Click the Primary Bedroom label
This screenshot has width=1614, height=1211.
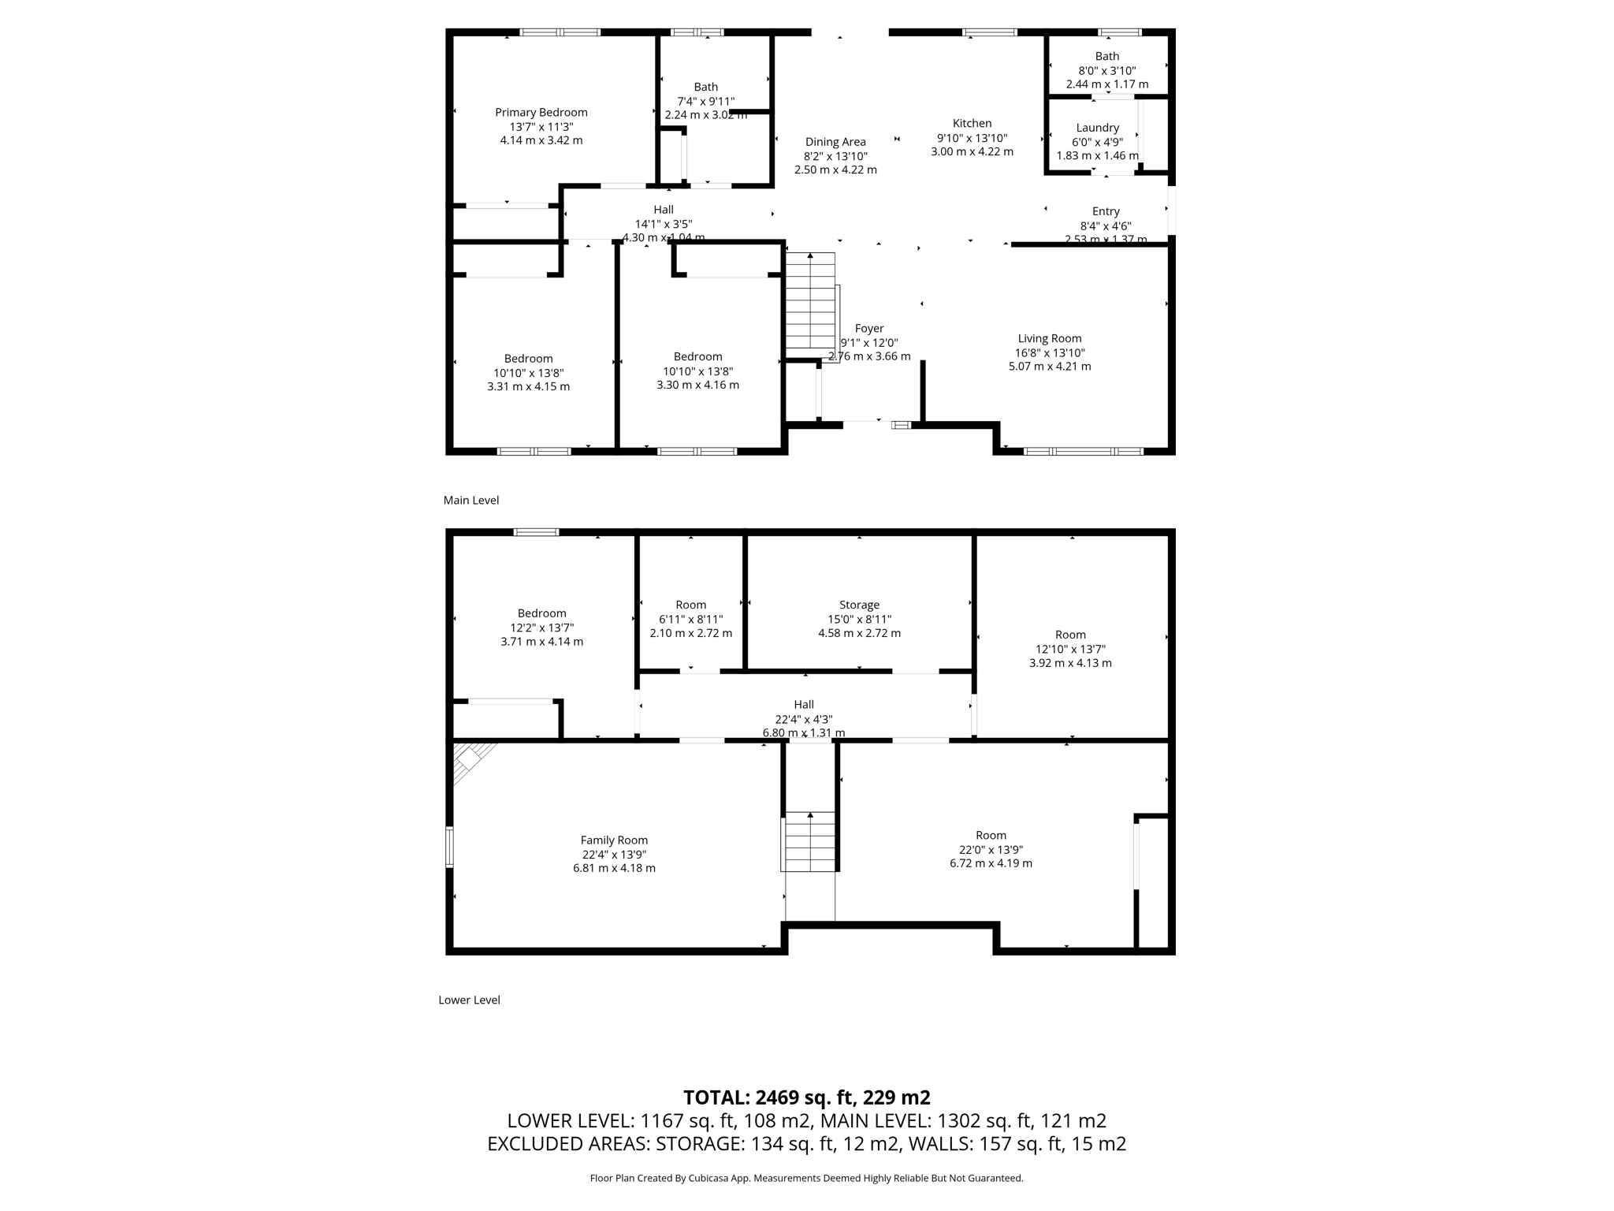pos(541,113)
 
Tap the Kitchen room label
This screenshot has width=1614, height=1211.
pos(972,123)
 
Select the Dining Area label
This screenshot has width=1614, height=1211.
pos(835,142)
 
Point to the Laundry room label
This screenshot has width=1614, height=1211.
pos(1097,128)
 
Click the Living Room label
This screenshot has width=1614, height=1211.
pos(1050,338)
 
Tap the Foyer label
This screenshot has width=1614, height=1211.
pos(869,328)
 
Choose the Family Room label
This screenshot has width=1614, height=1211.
pos(614,840)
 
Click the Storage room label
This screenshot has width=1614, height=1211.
pos(859,605)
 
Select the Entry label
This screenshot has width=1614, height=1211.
pos(1106,211)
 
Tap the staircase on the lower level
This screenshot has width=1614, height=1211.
pos(809,841)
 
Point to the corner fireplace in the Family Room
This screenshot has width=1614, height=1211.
pos(474,761)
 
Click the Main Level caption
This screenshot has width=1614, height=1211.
pos(471,500)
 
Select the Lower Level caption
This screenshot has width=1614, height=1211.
pos(470,1000)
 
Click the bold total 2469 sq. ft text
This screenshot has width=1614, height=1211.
pos(807,1097)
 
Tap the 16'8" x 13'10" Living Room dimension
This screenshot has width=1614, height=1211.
pos(1050,352)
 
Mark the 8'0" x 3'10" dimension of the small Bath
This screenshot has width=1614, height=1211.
pos(1107,70)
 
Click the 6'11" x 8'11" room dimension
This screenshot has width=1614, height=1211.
pos(690,619)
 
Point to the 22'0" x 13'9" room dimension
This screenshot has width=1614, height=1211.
pos(991,850)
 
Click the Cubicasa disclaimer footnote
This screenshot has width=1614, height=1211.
pos(807,1178)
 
